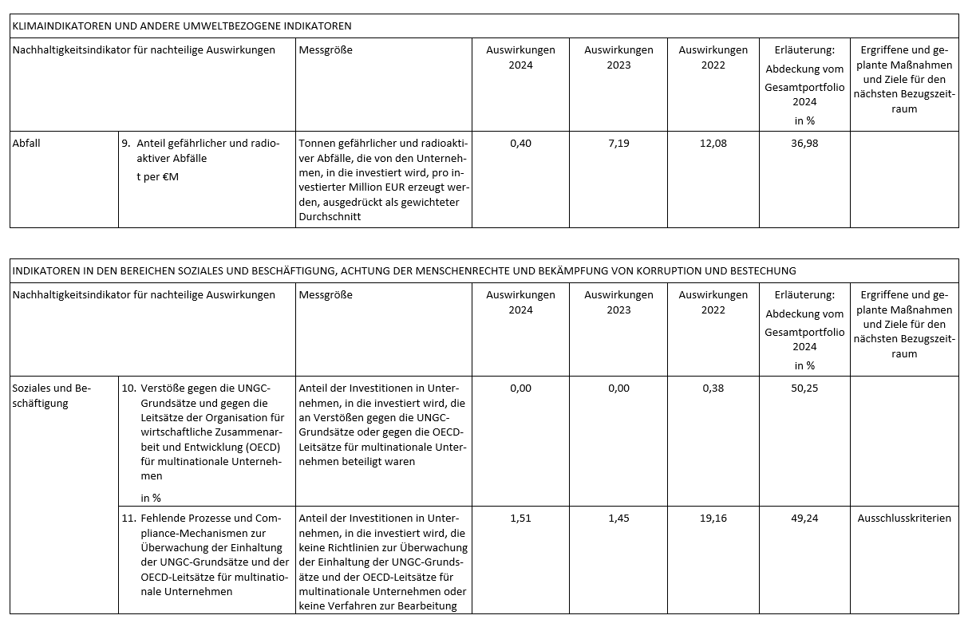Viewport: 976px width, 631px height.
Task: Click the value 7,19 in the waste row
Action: point(618,144)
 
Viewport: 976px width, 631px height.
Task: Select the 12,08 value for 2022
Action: point(713,144)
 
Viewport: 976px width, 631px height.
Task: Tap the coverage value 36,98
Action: point(804,144)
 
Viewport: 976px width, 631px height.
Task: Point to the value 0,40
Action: point(520,144)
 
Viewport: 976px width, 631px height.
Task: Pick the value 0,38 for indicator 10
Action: point(713,388)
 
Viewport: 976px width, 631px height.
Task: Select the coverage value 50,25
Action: point(804,388)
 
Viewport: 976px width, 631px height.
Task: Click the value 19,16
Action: point(713,518)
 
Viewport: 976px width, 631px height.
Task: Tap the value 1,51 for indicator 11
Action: point(520,518)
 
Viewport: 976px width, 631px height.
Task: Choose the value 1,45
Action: point(618,518)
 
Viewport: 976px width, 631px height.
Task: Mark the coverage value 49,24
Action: point(804,518)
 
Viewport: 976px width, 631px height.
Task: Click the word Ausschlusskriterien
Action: point(904,518)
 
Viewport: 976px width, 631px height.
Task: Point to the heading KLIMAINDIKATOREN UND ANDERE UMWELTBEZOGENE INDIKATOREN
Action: point(182,26)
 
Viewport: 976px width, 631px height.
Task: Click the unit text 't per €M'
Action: point(158,176)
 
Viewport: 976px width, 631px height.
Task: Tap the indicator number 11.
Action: point(128,518)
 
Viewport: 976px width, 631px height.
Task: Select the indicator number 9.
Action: point(125,144)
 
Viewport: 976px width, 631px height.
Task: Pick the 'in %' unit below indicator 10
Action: point(151,499)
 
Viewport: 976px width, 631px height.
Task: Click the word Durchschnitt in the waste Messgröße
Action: point(330,216)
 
